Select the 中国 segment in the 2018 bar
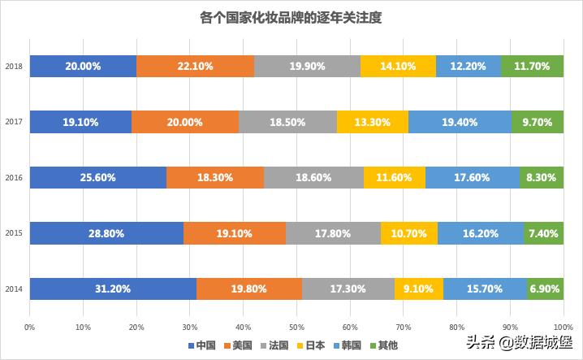tap(83, 67)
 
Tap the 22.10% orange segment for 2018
tap(195, 67)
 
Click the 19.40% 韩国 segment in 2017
tap(460, 122)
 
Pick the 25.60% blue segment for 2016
tap(97, 177)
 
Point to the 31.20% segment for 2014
tap(112, 288)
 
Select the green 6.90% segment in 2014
tap(545, 288)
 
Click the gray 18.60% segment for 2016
tap(313, 177)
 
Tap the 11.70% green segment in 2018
tap(532, 67)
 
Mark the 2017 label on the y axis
tap(12, 122)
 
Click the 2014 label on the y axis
tap(12, 288)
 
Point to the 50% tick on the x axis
tap(296, 327)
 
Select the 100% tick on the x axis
tap(562, 327)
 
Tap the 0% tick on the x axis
tap(29, 327)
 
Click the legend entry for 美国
tap(243, 345)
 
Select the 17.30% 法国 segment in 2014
tap(348, 288)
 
